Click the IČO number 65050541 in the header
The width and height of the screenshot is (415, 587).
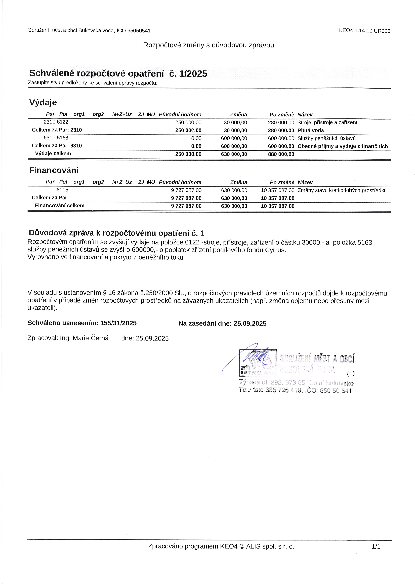coord(139,31)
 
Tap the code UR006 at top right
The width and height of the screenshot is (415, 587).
coord(382,31)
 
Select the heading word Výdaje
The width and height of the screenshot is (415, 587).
coord(43,103)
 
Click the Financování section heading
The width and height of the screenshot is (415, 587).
coord(54,170)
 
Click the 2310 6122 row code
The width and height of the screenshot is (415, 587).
coord(56,122)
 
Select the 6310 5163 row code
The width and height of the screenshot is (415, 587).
coord(56,138)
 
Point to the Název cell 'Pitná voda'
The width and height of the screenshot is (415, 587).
coord(311,130)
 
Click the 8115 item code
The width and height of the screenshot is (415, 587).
coord(62,190)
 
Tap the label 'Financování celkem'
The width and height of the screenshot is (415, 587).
coord(60,205)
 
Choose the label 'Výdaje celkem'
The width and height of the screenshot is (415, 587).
coord(53,154)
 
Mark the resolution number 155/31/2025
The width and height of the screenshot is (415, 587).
coord(118,323)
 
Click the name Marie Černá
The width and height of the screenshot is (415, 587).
coord(91,338)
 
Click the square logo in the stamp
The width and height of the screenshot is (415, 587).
coord(258,363)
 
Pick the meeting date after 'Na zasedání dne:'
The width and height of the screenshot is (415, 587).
coord(250,324)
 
